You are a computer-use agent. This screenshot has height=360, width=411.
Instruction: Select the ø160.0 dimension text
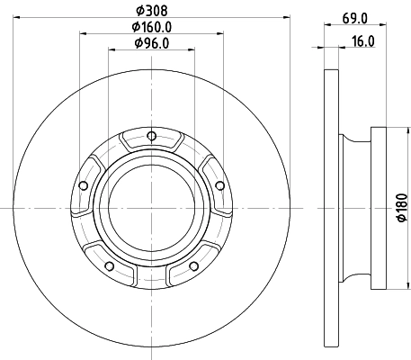click(150, 27)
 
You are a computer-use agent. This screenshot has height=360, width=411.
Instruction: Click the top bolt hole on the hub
click(151, 137)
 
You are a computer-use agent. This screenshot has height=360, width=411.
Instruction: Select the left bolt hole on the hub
click(83, 186)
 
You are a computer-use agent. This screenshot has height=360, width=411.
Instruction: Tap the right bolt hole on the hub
click(219, 186)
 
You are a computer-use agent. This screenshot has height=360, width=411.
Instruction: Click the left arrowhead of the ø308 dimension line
click(19, 17)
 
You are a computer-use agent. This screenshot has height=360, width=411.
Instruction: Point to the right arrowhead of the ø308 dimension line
click(283, 17)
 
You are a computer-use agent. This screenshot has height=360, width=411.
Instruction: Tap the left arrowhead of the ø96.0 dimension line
click(112, 51)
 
